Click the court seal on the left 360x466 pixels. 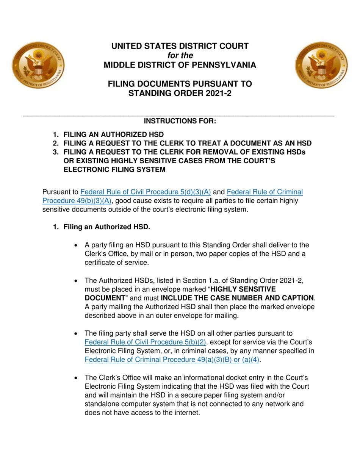click(x=38, y=65)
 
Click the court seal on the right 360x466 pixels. click(x=321, y=65)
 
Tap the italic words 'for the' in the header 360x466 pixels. click(x=180, y=56)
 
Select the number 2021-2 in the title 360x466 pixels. click(x=217, y=93)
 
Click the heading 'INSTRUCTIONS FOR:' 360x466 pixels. click(x=180, y=121)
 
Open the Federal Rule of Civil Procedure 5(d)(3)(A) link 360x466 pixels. click(x=146, y=192)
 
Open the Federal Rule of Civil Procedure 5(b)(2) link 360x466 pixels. click(x=145, y=342)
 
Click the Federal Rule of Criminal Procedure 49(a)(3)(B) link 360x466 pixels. click(x=172, y=360)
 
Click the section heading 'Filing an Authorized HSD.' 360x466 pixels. click(x=107, y=227)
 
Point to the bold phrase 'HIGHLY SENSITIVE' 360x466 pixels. click(x=243, y=289)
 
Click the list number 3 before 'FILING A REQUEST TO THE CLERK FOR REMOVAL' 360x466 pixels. click(x=56, y=152)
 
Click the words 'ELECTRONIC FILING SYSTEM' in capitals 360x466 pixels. click(x=114, y=170)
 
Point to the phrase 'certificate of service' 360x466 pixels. click(x=116, y=263)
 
